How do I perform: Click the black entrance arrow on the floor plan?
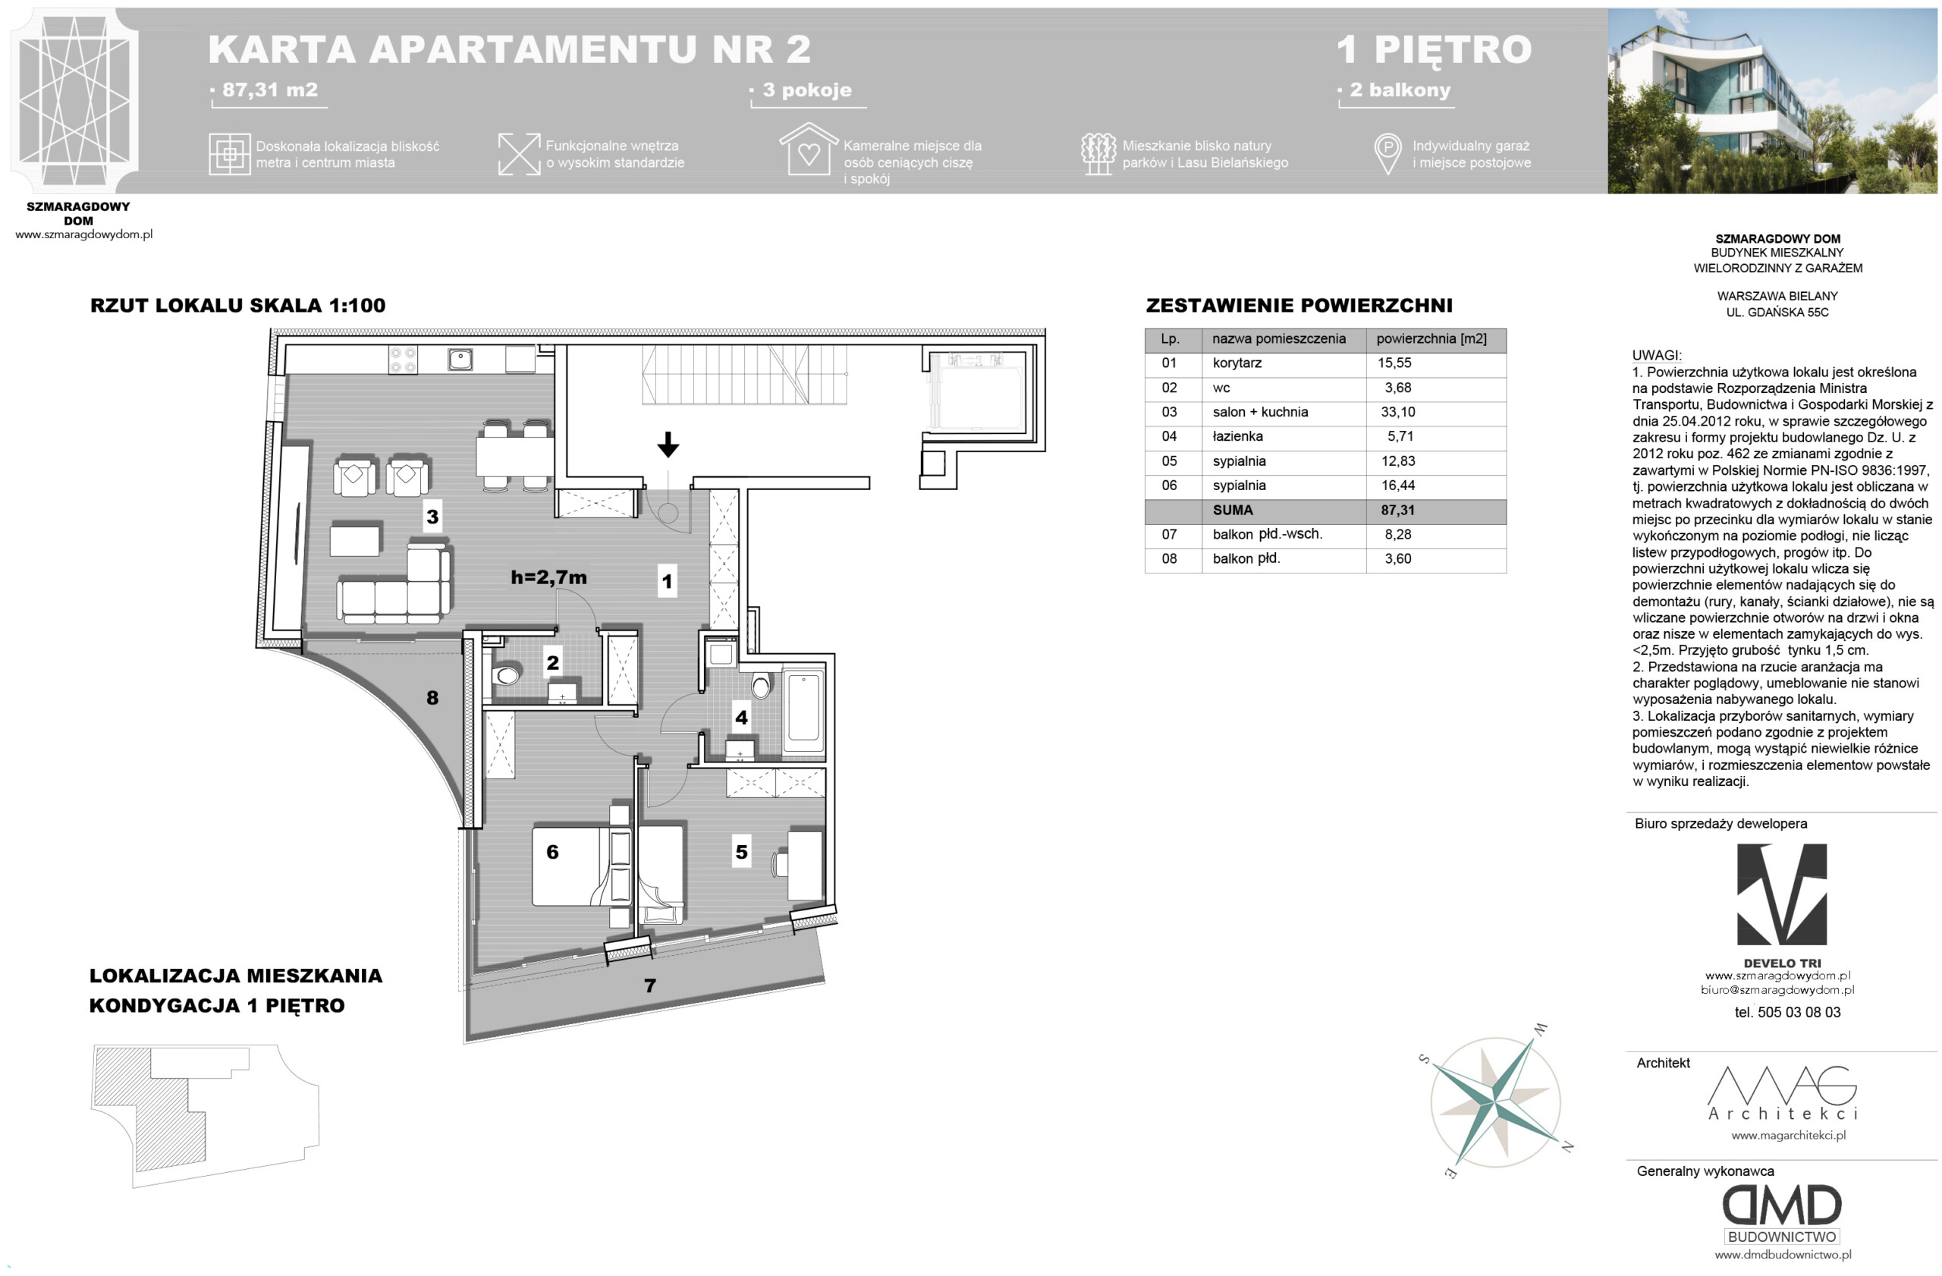coord(668,445)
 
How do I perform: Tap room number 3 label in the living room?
coord(432,517)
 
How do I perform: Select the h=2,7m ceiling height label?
coord(548,577)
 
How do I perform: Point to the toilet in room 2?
coord(506,675)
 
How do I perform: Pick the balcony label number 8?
coord(432,698)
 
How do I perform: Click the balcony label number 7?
coord(649,985)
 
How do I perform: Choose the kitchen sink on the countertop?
coord(460,359)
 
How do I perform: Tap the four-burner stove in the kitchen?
coord(403,360)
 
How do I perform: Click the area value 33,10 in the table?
coord(1398,412)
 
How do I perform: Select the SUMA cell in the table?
coord(1232,510)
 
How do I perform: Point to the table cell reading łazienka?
coord(1238,436)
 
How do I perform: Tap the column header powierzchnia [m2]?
coord(1431,338)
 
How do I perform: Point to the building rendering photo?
coord(1772,101)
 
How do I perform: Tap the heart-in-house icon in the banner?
coord(809,149)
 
